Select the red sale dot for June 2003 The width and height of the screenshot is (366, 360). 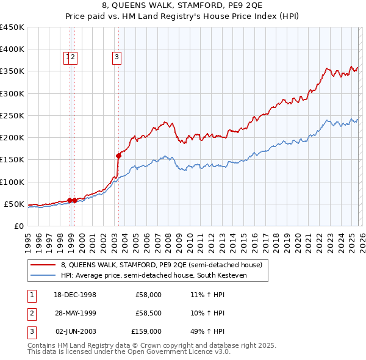pyautogui.click(x=118, y=156)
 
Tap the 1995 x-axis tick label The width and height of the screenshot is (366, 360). pyautogui.click(x=28, y=240)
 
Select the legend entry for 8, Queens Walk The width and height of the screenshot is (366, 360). pyautogui.click(x=161, y=265)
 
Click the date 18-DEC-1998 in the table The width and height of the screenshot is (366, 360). pyautogui.click(x=75, y=295)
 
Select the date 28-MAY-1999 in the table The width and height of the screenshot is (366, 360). pyautogui.click(x=75, y=313)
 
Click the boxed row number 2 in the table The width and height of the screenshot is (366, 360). pyautogui.click(x=30, y=313)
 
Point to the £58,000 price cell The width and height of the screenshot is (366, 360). pyautogui.click(x=148, y=295)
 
